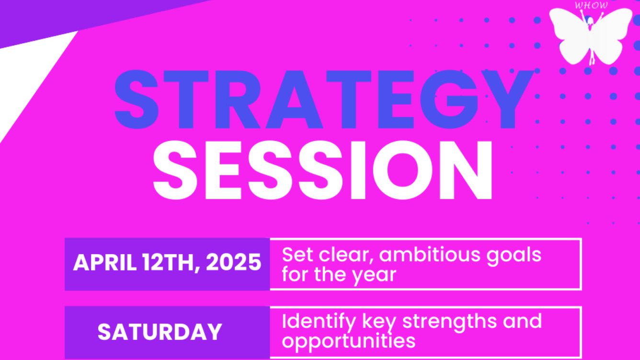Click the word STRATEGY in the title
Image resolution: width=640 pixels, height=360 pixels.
324,99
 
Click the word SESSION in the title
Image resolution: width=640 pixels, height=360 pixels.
323,171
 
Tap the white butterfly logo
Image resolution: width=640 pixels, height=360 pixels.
591,36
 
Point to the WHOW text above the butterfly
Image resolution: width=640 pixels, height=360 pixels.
591,5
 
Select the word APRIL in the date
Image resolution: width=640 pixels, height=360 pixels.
105,262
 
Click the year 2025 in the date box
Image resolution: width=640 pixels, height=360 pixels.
233,262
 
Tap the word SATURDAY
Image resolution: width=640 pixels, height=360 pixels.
160,332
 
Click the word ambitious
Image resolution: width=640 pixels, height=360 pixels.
430,254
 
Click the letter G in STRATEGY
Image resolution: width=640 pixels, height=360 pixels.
453,99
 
